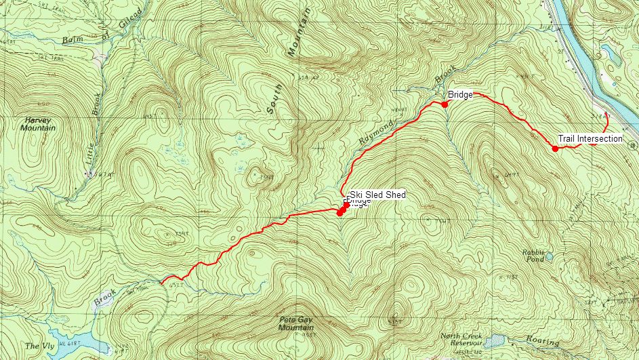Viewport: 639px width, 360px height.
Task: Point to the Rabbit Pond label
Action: tap(533, 256)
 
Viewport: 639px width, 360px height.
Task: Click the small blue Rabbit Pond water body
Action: tap(550, 257)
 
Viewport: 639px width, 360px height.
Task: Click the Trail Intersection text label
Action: tap(590, 139)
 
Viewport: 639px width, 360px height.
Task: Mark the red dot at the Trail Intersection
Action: tap(555, 148)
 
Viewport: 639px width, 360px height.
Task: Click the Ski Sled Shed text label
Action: tap(377, 195)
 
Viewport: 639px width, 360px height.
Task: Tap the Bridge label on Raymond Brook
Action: tap(460, 95)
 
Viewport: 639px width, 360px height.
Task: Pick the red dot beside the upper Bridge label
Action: tap(445, 104)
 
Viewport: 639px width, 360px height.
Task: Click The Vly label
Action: tap(34, 346)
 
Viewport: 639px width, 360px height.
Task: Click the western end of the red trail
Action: tap(161, 281)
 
